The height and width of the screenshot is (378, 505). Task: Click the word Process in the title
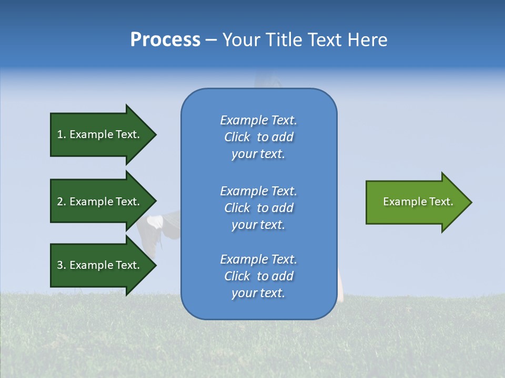[165, 40]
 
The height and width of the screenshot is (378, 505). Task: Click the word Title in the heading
[282, 40]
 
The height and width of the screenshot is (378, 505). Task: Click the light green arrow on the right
[416, 202]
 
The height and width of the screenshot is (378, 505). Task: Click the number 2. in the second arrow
[61, 202]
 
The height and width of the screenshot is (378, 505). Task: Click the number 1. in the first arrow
[61, 134]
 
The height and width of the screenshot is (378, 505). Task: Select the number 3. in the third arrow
[61, 265]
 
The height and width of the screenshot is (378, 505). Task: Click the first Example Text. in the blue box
[258, 120]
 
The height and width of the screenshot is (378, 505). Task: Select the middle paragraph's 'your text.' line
[258, 225]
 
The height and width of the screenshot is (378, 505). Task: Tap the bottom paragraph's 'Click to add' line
[258, 276]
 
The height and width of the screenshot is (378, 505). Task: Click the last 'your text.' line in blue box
[258, 293]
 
